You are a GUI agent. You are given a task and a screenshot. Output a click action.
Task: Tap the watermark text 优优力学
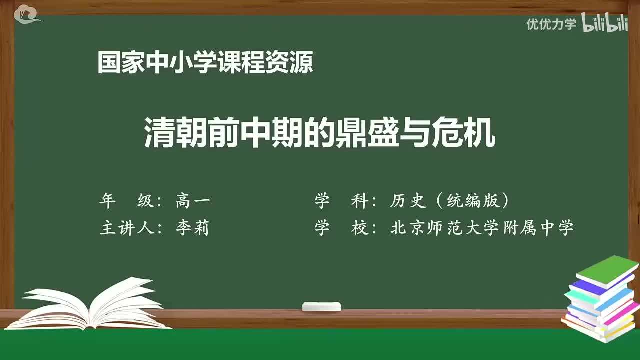click(x=551, y=24)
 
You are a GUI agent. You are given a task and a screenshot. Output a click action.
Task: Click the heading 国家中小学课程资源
click(x=205, y=63)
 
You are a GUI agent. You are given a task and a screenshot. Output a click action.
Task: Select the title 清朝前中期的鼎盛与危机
click(x=320, y=133)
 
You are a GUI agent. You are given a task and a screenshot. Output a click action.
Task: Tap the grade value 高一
click(x=193, y=201)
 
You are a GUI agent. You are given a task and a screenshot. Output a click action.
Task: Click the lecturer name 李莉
click(x=192, y=228)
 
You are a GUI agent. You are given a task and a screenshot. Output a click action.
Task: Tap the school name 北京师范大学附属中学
click(x=482, y=228)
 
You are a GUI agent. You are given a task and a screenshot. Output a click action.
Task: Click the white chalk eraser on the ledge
click(x=321, y=307)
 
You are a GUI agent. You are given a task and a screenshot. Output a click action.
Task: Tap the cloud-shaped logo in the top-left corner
click(x=27, y=14)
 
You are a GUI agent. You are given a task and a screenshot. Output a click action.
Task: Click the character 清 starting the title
click(x=159, y=133)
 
